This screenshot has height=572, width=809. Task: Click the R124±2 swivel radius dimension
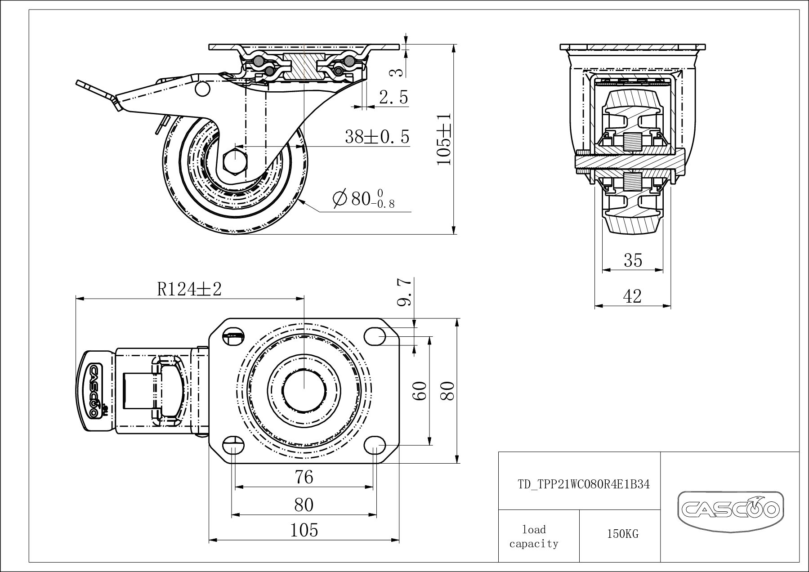pos(189,290)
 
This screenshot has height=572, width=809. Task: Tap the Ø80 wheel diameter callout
pos(363,198)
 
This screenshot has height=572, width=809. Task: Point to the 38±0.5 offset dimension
pos(377,137)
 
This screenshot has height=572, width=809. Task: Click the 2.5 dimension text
pos(393,97)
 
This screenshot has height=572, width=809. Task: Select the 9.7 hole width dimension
pos(404,292)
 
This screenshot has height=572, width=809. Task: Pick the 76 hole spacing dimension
pos(304,477)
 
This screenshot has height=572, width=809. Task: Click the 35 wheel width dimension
pos(633,260)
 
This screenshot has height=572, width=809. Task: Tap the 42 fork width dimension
pos(632,296)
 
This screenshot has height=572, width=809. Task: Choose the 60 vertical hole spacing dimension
pos(419,391)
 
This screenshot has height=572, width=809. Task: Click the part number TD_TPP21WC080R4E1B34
pos(584,485)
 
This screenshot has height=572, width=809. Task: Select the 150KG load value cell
pos(622,534)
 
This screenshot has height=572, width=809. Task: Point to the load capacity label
pos(534,536)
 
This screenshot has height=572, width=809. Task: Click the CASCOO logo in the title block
pos(730,509)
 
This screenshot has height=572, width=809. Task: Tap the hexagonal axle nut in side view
pos(234,159)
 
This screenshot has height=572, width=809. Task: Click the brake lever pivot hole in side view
pos(203,89)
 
